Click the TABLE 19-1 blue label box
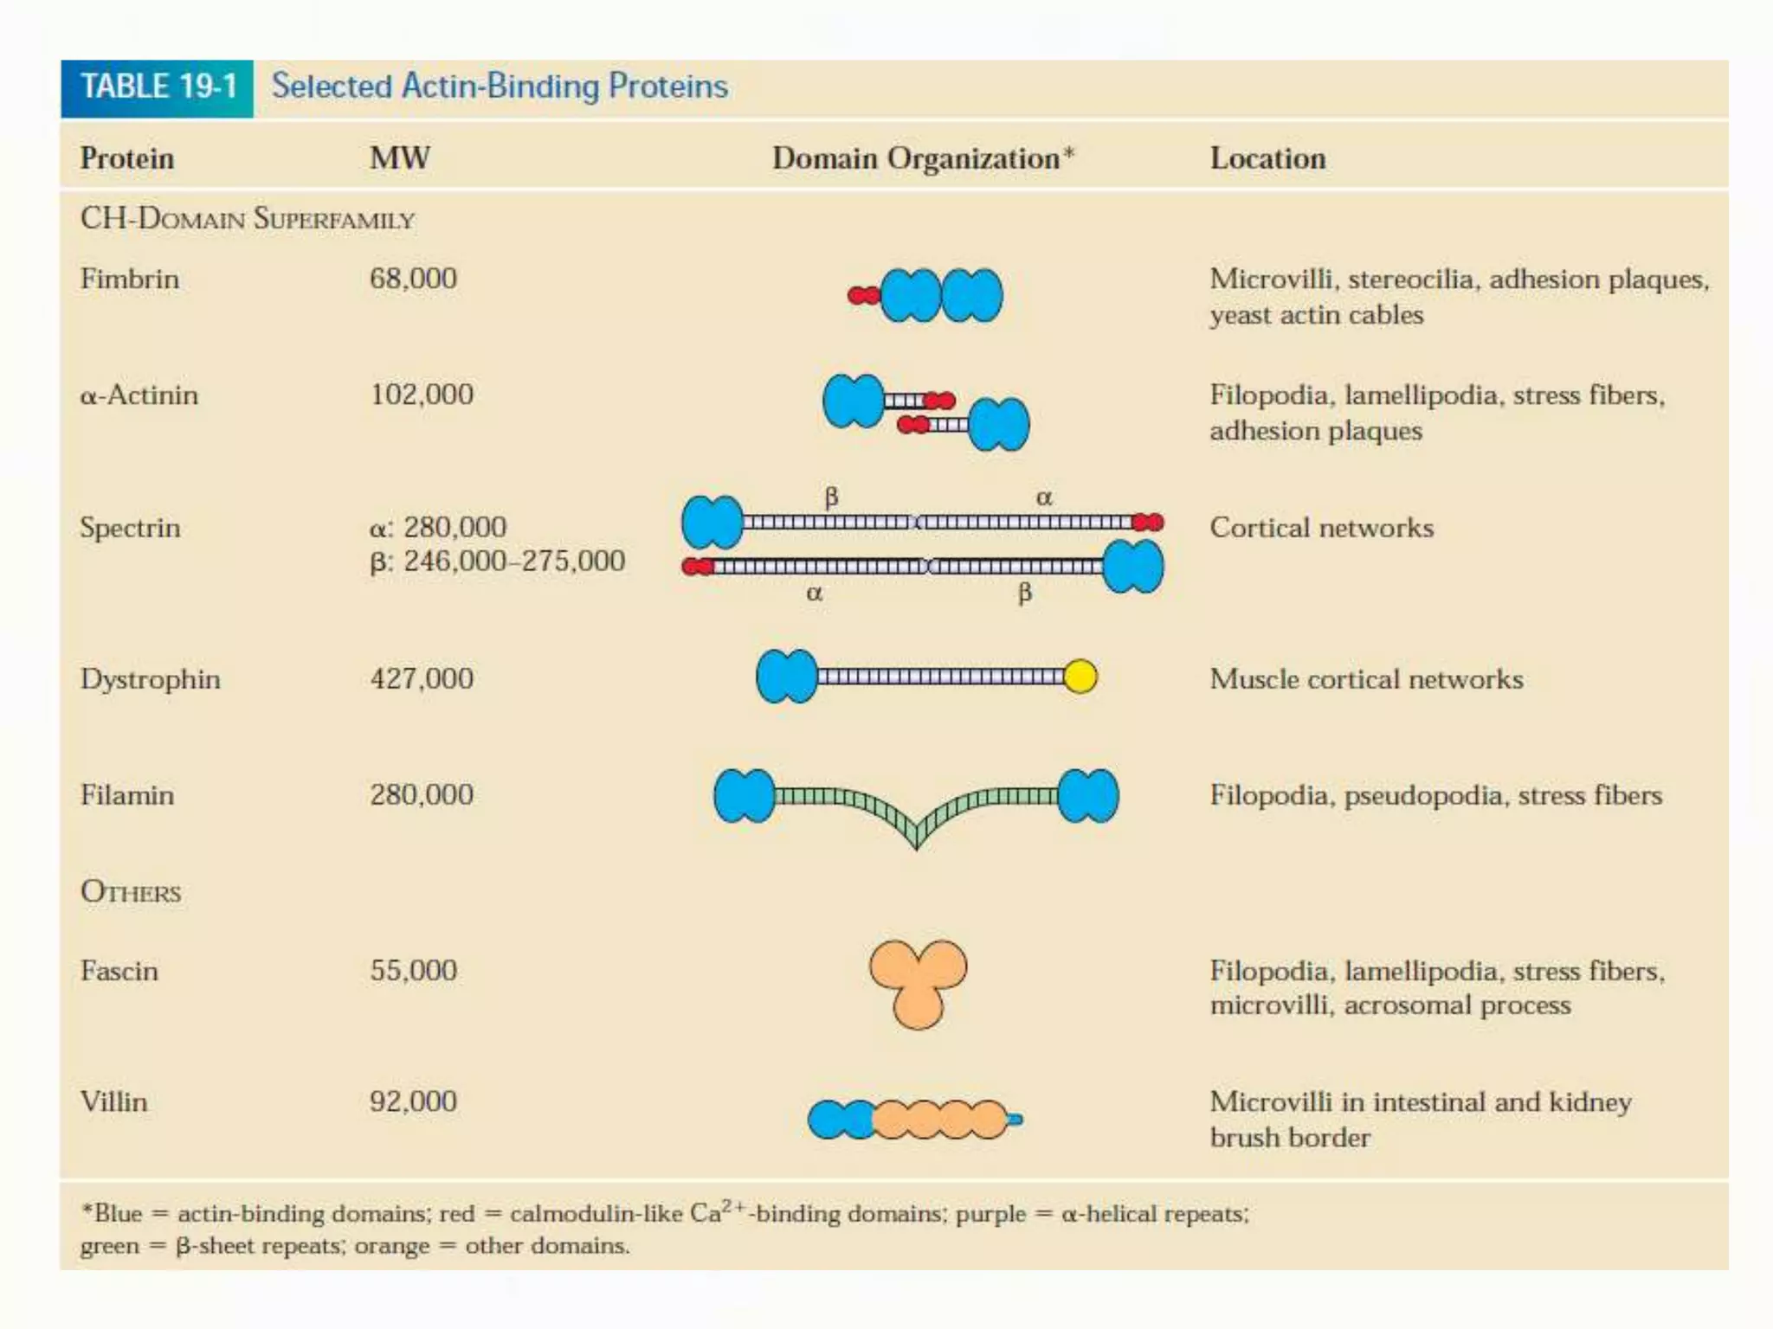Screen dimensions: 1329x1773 (157, 87)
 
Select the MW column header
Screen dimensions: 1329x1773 (399, 158)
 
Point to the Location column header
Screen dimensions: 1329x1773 (1267, 158)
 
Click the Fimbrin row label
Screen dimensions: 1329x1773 (130, 279)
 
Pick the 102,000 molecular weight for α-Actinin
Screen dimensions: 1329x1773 (422, 395)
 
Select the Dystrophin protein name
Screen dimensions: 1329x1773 (151, 678)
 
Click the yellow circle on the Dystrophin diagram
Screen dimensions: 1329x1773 (1080, 676)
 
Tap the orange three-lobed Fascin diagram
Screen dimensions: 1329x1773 (918, 982)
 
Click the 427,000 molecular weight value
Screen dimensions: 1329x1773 (422, 678)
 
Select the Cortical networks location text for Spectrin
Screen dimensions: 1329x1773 (1321, 528)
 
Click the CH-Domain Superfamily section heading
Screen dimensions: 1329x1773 (248, 219)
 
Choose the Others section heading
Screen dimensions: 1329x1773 (131, 891)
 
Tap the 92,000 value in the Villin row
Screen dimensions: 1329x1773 (413, 1101)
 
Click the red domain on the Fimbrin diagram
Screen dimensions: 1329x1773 (863, 296)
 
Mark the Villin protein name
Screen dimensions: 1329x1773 (113, 1101)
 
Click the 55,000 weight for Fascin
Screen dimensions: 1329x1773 (413, 970)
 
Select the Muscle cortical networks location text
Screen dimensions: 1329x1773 (1366, 679)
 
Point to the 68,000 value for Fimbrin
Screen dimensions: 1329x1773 (413, 279)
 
